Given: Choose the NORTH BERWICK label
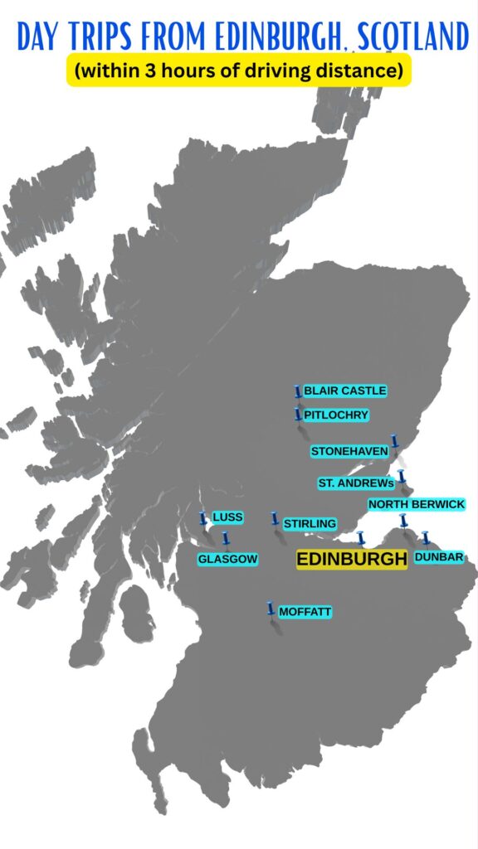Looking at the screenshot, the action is pos(417,504).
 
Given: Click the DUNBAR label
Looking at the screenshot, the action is pos(439,557).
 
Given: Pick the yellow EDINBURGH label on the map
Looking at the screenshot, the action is pos(352,560).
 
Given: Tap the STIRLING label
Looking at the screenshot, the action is pos(310,524).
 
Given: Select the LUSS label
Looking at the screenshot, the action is pos(227,517).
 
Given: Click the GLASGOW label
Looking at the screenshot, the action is pos(227,560).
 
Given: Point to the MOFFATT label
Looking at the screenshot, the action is pos(305,612).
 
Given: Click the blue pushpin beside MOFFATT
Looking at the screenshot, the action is pos(271,609).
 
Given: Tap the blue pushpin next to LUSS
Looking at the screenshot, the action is pos(202,519).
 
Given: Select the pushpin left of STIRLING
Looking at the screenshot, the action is pos(275,519).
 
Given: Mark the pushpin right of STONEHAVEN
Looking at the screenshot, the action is pos(395,441).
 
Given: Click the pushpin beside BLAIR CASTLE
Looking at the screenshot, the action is pos(297,391).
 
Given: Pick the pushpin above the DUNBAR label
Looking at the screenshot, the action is pos(426,538).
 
